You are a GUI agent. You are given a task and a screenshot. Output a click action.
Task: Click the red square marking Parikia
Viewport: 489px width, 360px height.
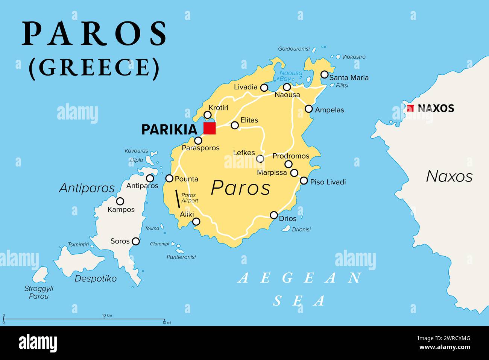(x=210, y=128)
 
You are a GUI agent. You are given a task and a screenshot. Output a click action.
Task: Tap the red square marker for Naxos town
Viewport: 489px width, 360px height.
(x=410, y=108)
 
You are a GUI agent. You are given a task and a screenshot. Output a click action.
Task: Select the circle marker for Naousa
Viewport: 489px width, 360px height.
(x=287, y=87)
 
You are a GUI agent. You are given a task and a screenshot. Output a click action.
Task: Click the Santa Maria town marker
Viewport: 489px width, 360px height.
(x=324, y=74)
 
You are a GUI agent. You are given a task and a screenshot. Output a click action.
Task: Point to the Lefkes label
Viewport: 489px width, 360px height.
(x=244, y=153)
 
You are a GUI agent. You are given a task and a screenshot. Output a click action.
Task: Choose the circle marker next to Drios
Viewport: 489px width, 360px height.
(x=274, y=215)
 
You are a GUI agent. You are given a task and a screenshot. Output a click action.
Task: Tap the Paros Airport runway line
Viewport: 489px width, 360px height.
(x=177, y=199)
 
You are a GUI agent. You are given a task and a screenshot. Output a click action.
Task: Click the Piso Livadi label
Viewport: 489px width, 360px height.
(x=328, y=182)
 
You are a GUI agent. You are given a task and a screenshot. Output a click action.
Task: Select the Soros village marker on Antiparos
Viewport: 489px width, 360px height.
(x=135, y=241)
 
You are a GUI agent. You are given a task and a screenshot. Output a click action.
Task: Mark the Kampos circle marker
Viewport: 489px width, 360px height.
(x=120, y=201)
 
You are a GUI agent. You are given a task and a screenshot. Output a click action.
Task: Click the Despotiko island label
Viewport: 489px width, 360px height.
(x=96, y=278)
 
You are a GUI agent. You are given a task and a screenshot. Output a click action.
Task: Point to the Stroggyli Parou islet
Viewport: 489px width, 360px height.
(x=40, y=275)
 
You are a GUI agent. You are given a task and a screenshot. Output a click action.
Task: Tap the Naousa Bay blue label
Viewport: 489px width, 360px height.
(x=290, y=76)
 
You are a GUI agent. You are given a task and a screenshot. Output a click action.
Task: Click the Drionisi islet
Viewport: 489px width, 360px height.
(x=286, y=228)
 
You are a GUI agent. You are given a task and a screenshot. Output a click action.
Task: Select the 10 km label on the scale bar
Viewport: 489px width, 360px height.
(x=107, y=315)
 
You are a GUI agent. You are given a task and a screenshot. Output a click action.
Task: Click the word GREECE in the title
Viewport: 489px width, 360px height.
(x=94, y=68)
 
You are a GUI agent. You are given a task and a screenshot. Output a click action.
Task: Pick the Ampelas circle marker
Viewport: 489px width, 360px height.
(x=308, y=109)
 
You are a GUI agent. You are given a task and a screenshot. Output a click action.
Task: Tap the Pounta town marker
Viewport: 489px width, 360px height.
(x=170, y=178)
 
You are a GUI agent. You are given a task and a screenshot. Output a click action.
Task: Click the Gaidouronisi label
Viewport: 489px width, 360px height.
(x=294, y=49)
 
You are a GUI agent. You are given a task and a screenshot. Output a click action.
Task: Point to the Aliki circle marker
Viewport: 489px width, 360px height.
(x=196, y=222)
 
